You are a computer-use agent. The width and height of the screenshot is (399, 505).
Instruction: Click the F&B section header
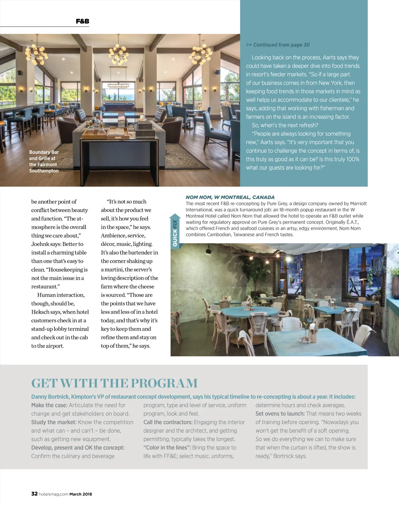point(82,21)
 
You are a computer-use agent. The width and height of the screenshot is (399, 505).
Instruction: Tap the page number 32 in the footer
point(34,494)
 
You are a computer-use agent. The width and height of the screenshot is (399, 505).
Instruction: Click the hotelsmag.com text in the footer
point(54,494)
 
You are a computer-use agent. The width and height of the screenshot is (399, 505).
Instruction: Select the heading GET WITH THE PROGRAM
point(114,383)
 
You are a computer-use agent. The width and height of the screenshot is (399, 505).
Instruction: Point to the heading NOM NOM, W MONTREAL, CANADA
point(230,197)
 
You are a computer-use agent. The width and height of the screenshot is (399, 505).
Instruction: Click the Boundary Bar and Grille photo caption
point(44,161)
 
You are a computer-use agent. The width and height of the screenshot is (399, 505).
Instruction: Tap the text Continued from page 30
point(278,45)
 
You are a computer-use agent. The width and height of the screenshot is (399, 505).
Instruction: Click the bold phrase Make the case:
point(49,405)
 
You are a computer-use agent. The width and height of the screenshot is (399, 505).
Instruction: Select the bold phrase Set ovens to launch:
point(280,414)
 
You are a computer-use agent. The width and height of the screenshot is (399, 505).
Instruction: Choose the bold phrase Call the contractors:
point(168,422)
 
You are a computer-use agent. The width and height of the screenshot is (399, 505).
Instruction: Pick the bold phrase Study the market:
point(54,422)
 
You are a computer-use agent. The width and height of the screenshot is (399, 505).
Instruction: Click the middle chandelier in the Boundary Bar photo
point(118,53)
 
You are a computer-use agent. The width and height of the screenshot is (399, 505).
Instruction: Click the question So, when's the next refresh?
point(285,125)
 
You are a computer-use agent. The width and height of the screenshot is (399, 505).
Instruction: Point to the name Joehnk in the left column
point(40,244)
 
